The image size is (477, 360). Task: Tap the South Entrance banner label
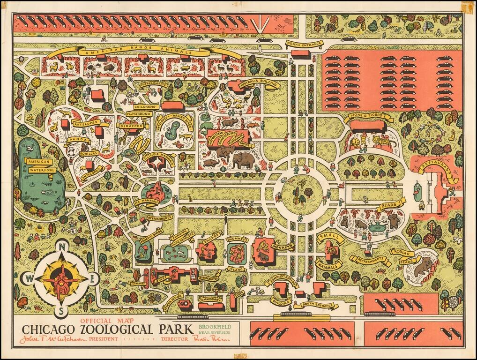(320, 306)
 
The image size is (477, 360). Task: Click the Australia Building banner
(259, 84)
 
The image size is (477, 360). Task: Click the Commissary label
(209, 299)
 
